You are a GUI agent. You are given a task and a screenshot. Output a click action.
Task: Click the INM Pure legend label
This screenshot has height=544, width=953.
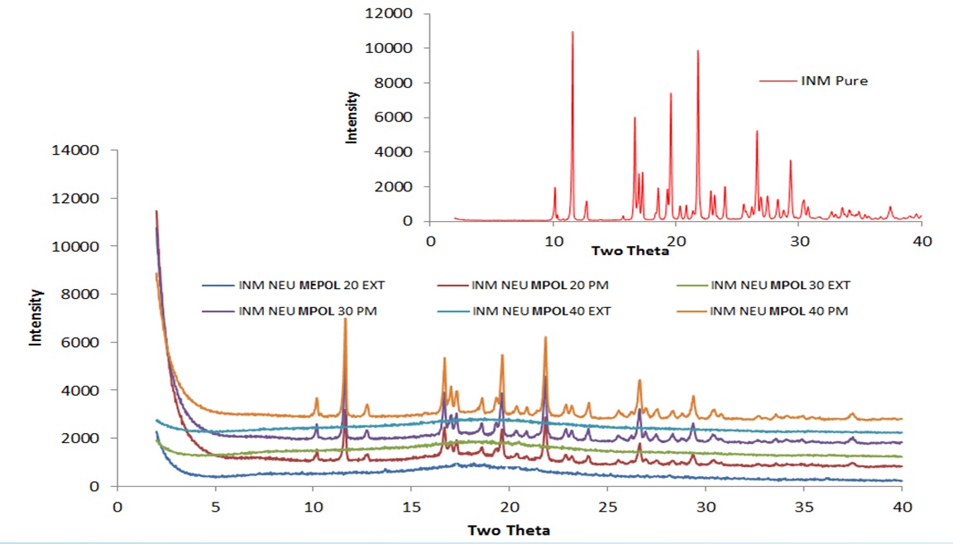[x=834, y=81]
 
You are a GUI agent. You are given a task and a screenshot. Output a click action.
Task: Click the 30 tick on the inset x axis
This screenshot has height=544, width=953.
[x=798, y=240]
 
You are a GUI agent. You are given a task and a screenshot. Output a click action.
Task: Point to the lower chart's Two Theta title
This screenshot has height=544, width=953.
[x=510, y=530]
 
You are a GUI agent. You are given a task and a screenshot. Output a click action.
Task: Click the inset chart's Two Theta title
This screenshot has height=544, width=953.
[x=630, y=250]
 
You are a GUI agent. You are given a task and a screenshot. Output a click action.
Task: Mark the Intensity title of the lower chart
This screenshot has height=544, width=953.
[x=36, y=316]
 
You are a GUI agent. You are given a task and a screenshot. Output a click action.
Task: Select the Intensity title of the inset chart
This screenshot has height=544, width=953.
[x=352, y=118]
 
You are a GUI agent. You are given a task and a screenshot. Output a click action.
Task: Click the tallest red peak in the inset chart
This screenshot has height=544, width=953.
[x=572, y=31]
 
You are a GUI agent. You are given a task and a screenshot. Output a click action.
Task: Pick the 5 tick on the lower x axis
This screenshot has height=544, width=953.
[x=215, y=507]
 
